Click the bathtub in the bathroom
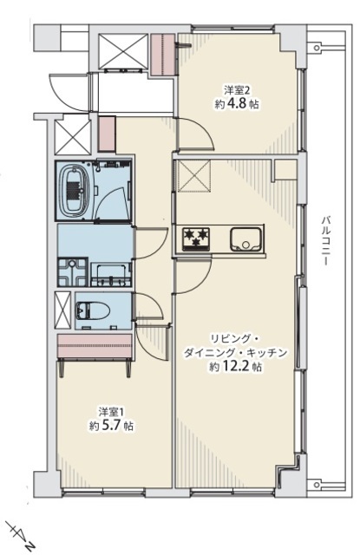click(x=74, y=191)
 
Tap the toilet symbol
click(x=93, y=310)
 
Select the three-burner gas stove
click(x=196, y=239)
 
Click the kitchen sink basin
click(x=246, y=239)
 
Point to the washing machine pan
click(x=73, y=271)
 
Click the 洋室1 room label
click(x=111, y=412)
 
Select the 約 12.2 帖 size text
click(x=235, y=367)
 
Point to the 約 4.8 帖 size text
click(x=237, y=104)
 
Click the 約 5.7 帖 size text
click(x=111, y=426)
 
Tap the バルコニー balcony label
click(x=325, y=240)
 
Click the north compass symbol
click(x=21, y=534)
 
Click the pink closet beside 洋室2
click(x=163, y=55)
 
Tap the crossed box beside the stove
click(x=193, y=176)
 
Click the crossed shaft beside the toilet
click(x=62, y=310)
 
